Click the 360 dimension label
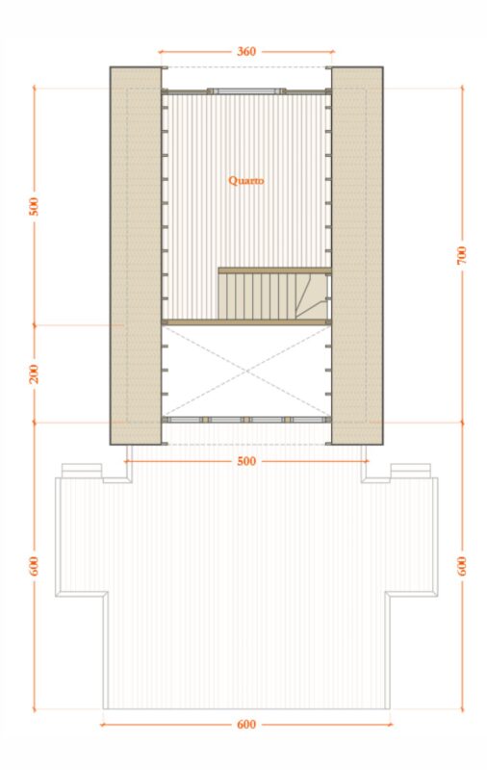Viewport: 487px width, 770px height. point(246,51)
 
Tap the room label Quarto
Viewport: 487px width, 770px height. point(246,181)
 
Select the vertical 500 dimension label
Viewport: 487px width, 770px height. point(34,206)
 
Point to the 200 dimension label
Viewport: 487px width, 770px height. point(34,374)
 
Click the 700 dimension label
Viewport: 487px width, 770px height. point(462,255)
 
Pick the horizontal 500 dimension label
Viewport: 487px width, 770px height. point(246,462)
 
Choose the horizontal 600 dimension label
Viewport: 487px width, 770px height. point(246,725)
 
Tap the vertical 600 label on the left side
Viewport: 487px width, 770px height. point(34,566)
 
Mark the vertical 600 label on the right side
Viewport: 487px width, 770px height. point(462,566)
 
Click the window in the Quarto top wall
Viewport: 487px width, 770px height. point(246,90)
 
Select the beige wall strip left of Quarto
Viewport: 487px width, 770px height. point(136,256)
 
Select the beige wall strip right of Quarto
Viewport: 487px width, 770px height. point(357,256)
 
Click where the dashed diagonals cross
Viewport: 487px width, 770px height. point(246,372)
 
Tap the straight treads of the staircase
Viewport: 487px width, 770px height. point(258,296)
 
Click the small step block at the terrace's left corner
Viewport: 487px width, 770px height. point(82,471)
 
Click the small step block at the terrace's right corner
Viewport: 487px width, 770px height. point(411,471)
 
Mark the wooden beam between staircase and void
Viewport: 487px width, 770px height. point(246,322)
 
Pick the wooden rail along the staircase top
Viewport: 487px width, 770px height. point(275,270)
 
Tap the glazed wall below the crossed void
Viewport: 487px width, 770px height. point(246,420)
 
